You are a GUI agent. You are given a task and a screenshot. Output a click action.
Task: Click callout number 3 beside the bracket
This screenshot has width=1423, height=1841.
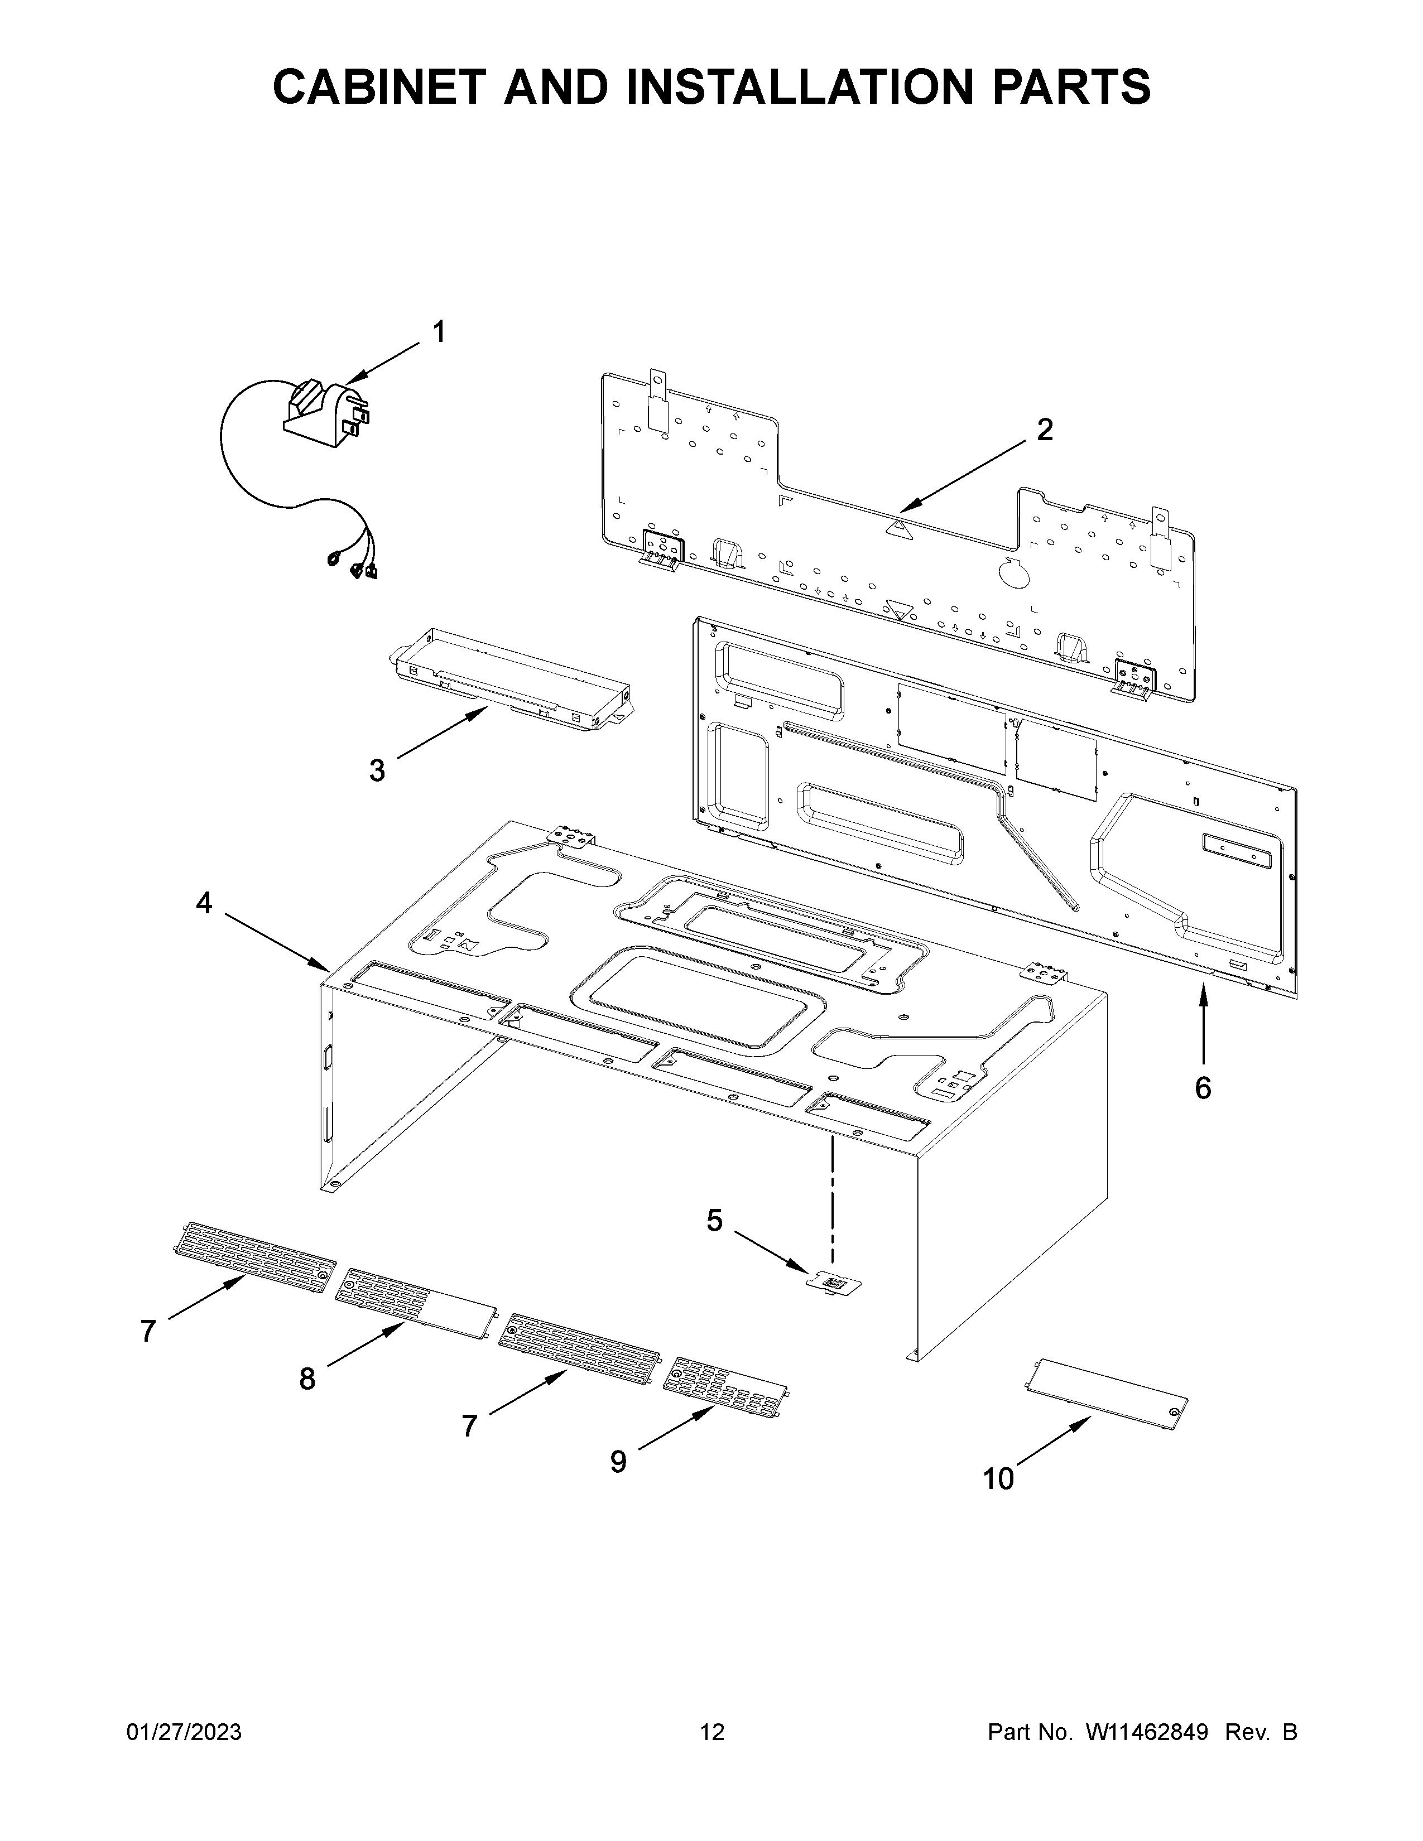[377, 770]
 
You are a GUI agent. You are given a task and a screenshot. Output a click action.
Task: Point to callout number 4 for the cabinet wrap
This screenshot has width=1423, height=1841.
[204, 904]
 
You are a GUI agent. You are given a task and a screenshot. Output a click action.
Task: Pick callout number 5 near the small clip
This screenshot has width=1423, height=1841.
[714, 1220]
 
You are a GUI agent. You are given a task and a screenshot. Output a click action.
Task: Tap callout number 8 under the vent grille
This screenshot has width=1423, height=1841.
[307, 1379]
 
